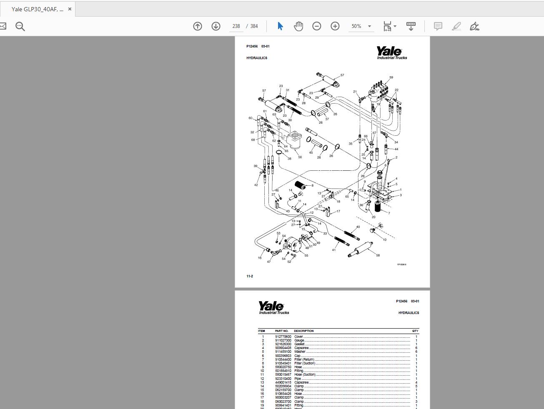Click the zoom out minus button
[317, 26]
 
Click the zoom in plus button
[335, 26]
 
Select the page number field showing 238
[236, 26]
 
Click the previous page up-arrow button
[198, 26]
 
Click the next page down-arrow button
[216, 26]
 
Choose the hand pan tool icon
[298, 26]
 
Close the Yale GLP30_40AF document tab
[70, 9]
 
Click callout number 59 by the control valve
[391, 77]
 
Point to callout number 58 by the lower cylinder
[378, 255]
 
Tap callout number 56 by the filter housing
[300, 157]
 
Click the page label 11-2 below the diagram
[250, 276]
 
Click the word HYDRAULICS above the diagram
[257, 58]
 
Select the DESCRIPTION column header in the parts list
[303, 331]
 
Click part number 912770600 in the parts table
[283, 337]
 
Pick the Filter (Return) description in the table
[304, 359]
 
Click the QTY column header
[415, 331]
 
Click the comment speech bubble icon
[438, 26]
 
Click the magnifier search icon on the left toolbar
[20, 27]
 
